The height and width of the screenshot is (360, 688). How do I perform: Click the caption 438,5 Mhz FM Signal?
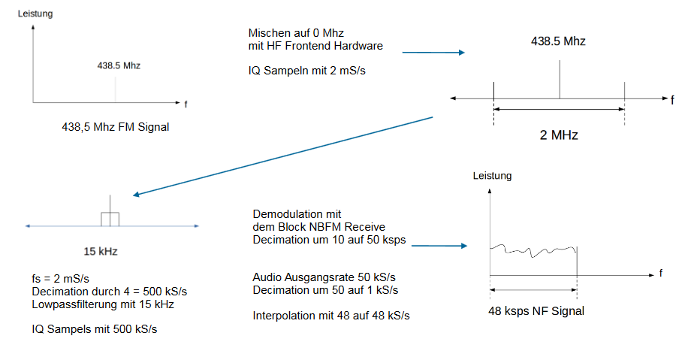(x=115, y=127)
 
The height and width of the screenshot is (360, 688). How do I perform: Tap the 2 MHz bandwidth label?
(x=559, y=135)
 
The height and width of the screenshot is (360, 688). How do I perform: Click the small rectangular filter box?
(x=110, y=219)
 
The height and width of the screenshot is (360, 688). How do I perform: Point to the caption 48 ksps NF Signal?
(x=535, y=310)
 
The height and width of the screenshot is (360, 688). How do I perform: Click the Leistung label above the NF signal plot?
(x=492, y=176)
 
